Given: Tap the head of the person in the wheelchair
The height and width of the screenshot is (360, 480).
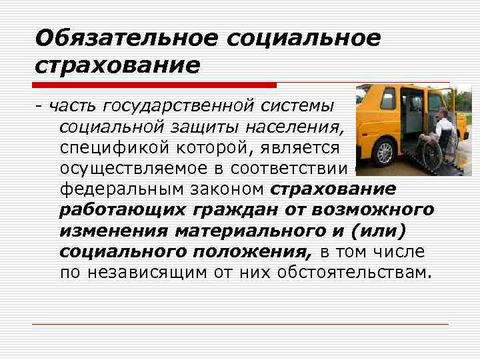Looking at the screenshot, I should coord(443,113).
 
